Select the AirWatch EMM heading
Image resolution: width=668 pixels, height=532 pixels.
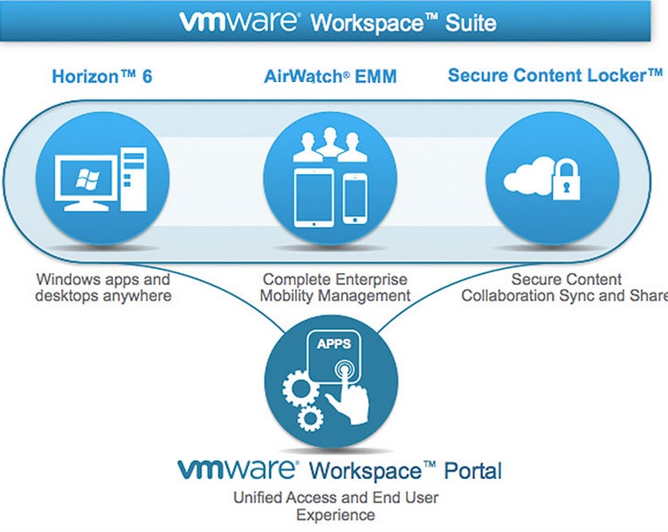330,76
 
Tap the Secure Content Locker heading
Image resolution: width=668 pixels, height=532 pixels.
555,75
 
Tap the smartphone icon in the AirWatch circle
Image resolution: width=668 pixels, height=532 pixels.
356,199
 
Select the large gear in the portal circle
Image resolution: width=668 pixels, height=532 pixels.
305,388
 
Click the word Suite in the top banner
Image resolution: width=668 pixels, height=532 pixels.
472,22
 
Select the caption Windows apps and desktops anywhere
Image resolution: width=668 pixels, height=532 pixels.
103,288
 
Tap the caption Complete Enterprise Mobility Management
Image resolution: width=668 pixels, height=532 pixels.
335,288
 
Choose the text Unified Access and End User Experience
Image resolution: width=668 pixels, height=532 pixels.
336,506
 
